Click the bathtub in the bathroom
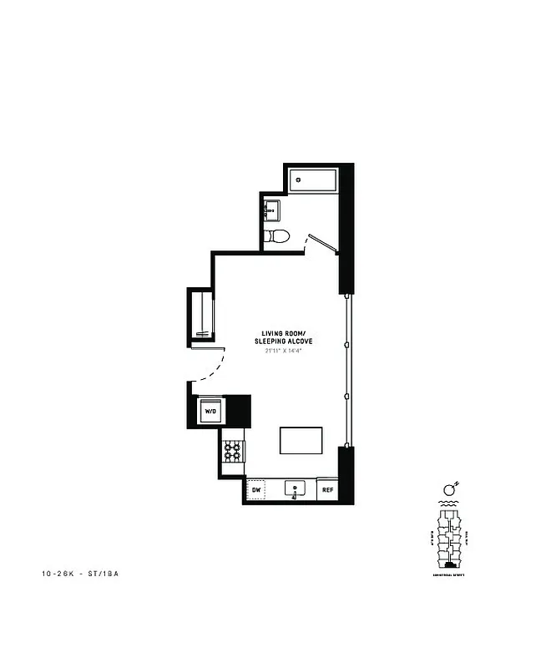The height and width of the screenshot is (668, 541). pyautogui.click(x=312, y=180)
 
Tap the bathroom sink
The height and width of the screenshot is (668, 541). pyautogui.click(x=272, y=210)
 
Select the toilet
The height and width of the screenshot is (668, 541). pyautogui.click(x=276, y=236)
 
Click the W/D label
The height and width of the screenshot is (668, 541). pyautogui.click(x=210, y=412)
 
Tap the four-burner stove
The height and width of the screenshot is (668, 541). pyautogui.click(x=233, y=453)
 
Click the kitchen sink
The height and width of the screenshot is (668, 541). pyautogui.click(x=296, y=488)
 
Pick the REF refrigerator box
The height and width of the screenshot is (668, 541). pyautogui.click(x=328, y=490)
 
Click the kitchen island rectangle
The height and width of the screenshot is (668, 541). pyautogui.click(x=301, y=440)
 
